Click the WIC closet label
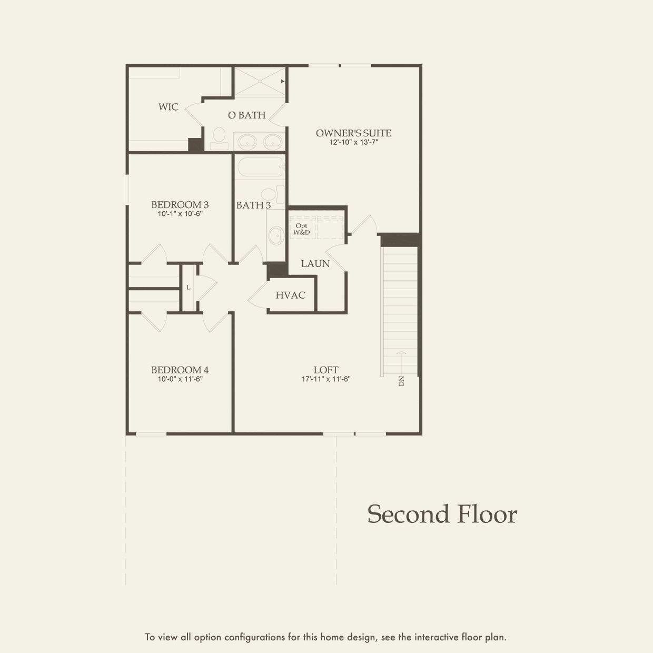tap(168, 107)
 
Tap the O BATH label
tap(246, 115)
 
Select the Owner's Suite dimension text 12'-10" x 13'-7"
tap(353, 142)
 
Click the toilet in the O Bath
tap(219, 139)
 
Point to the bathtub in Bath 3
tap(261, 167)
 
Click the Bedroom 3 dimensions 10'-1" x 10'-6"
tap(180, 214)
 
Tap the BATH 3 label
tap(253, 205)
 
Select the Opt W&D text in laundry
tap(301, 229)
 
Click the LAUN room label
tap(315, 263)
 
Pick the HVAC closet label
tap(290, 295)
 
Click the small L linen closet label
tap(189, 288)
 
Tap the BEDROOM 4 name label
tap(180, 370)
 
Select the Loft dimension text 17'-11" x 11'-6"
tap(326, 379)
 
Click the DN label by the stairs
tap(402, 381)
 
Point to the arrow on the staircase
tap(401, 363)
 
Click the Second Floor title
tap(442, 514)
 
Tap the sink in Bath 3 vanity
tap(276, 235)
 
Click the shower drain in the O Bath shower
tap(260, 81)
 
